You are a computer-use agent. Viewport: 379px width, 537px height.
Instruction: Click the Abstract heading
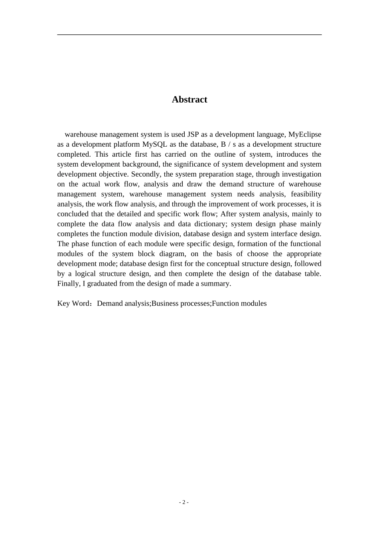point(189,99)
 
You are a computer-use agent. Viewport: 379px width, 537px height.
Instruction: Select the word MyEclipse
point(304,134)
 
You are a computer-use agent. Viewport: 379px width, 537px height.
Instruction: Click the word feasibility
point(306,194)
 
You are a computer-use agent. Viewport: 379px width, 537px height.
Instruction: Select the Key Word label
point(74,304)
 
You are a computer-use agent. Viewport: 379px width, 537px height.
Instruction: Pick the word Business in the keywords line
point(166,304)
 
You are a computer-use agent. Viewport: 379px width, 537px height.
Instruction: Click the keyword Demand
point(110,304)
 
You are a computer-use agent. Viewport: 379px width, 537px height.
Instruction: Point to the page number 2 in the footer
point(184,502)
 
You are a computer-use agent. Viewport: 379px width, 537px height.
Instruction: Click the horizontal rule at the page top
point(189,35)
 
